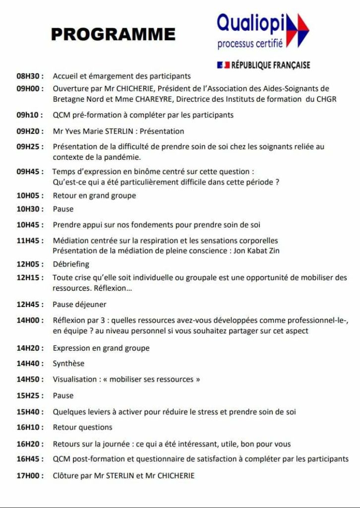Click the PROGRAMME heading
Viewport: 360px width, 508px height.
click(x=113, y=34)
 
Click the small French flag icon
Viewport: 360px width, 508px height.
click(x=223, y=65)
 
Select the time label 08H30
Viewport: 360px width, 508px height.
click(x=30, y=76)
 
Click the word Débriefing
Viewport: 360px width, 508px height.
click(x=71, y=264)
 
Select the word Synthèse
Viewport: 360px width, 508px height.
click(x=68, y=364)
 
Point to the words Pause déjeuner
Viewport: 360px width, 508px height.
click(x=79, y=304)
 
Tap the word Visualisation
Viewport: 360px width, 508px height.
click(x=74, y=380)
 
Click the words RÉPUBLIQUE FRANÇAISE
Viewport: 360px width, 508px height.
click(x=270, y=65)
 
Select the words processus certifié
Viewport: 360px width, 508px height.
click(x=250, y=45)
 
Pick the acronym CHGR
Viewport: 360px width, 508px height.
click(x=326, y=99)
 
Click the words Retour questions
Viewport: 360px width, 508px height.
click(x=82, y=427)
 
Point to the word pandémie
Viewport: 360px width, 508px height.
click(x=124, y=157)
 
